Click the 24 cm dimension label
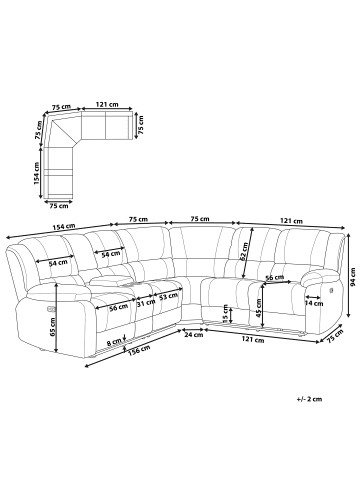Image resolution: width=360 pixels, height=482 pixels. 193,335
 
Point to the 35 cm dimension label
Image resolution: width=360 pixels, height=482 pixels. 226,316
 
